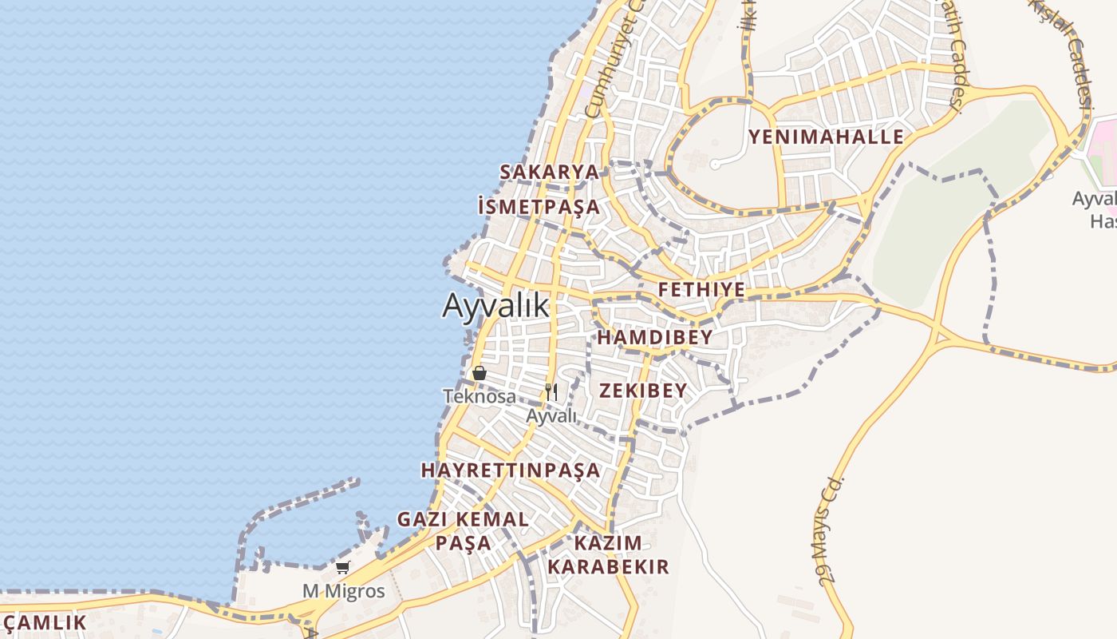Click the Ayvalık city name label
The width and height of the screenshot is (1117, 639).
496,305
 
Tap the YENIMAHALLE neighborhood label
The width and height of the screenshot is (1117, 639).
826,137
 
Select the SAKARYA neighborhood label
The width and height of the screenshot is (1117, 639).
549,172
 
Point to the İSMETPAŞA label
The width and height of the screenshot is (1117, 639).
539,207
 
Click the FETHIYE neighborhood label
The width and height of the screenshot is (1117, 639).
701,289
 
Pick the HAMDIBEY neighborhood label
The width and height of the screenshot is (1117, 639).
654,338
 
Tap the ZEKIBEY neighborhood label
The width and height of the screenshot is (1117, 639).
642,390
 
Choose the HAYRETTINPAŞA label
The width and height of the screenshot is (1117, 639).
511,470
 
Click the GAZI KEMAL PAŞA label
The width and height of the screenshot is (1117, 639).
463,530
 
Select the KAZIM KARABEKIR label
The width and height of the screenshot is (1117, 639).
608,554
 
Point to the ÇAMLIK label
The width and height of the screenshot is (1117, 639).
44,623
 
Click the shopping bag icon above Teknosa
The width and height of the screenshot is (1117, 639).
480,373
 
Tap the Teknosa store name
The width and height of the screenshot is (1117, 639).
480,396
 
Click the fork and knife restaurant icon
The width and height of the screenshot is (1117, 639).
551,391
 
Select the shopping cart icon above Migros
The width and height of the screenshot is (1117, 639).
343,568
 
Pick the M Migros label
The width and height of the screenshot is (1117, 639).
343,592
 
